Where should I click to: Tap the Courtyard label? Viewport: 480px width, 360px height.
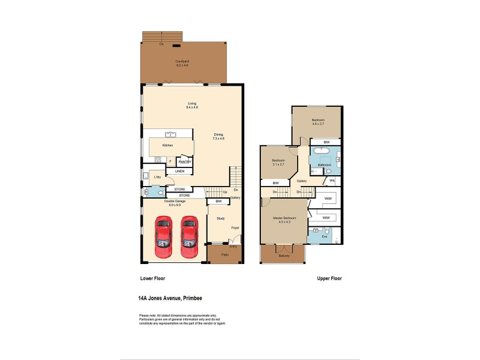pos(182,61)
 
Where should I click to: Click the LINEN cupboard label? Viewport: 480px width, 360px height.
pos(180,172)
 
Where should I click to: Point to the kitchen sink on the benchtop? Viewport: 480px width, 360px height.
pos(170,135)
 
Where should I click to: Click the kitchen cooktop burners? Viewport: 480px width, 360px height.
pos(158,160)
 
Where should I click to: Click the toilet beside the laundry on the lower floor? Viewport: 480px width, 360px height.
pos(148,192)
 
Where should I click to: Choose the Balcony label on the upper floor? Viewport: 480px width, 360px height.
pos(284,256)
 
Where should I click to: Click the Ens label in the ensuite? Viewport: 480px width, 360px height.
pos(325,236)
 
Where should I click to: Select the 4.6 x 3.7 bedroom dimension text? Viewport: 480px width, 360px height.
pos(318,124)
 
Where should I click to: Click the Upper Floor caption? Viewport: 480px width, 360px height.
pos(329,278)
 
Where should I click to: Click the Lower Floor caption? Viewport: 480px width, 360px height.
pos(152,278)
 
